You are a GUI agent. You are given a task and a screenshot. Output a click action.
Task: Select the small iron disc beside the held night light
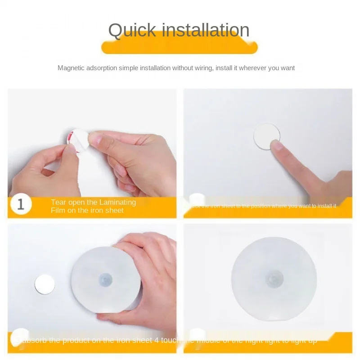45,284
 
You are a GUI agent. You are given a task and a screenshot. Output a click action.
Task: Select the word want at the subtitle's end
287,68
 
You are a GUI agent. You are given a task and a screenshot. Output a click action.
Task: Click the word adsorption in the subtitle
103,68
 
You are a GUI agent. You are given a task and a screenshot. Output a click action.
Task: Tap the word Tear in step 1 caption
58,202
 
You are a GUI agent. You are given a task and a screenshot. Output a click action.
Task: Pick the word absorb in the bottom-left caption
33,340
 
